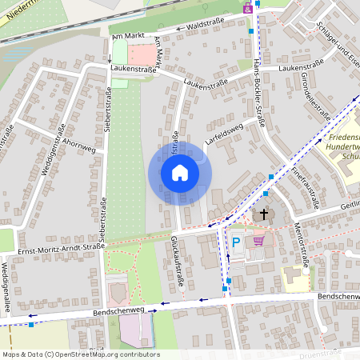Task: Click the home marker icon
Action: coord(179,173)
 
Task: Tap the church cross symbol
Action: coord(262,214)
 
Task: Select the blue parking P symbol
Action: coord(236,242)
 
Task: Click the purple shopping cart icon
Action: coord(258,240)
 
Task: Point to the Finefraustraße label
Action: coord(306,188)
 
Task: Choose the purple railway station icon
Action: coord(247,8)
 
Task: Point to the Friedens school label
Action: coord(344,148)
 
